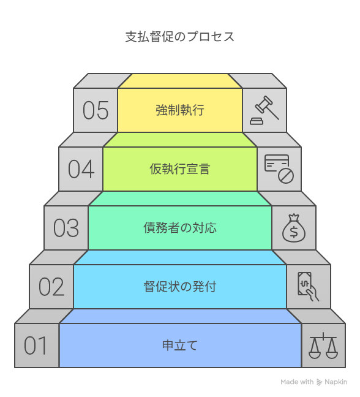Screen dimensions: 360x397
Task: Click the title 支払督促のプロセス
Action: pyautogui.click(x=179, y=37)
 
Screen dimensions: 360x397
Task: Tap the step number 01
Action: pyautogui.click(x=36, y=346)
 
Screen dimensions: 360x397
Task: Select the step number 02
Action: pyautogui.click(x=51, y=287)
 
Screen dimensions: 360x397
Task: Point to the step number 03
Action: pyautogui.click(x=66, y=228)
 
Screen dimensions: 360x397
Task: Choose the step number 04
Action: pyautogui.click(x=81, y=169)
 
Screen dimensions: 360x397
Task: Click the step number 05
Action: pyautogui.click(x=96, y=110)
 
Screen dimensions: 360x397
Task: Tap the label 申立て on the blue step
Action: pyautogui.click(x=179, y=346)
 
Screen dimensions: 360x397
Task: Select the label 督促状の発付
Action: pyautogui.click(x=179, y=287)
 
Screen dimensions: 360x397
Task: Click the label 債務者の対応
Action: pyautogui.click(x=179, y=228)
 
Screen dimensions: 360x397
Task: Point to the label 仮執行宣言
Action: pyautogui.click(x=179, y=169)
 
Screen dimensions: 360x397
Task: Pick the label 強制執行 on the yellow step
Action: pyautogui.click(x=179, y=110)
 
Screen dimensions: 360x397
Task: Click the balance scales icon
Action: pyautogui.click(x=323, y=346)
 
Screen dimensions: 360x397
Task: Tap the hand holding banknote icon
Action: pyautogui.click(x=308, y=287)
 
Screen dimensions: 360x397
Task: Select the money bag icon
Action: pyautogui.click(x=294, y=228)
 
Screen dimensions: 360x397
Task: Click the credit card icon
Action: pyautogui.click(x=277, y=164)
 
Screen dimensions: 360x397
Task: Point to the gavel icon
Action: pyautogui.click(x=264, y=110)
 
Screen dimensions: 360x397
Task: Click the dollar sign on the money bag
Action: pyautogui.click(x=294, y=232)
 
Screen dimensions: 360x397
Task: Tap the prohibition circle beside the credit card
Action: pyautogui.click(x=286, y=176)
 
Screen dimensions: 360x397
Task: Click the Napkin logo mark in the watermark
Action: pyautogui.click(x=319, y=382)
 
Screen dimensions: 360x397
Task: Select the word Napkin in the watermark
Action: pyautogui.click(x=336, y=382)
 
